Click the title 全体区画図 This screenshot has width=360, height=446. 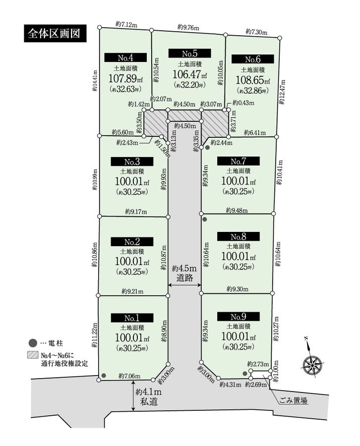point(55,33)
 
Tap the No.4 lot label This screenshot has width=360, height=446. point(125,57)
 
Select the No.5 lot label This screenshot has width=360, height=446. point(189,53)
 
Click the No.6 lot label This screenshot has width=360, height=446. point(253,59)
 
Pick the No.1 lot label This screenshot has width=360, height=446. point(132,318)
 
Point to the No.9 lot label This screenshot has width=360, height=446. point(238,317)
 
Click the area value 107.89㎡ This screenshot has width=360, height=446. point(126,78)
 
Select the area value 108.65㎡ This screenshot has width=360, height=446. point(253,80)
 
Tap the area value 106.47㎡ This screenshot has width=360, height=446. point(189,74)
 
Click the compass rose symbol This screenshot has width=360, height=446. point(312,364)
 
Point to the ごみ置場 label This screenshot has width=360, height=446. point(293,400)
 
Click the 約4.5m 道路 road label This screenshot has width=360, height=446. point(184,273)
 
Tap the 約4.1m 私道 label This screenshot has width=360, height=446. point(148,396)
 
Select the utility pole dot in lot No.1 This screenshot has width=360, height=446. point(104,376)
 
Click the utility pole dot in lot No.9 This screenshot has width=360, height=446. point(244,374)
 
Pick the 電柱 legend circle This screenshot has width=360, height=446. point(33,343)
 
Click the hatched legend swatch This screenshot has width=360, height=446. point(33,355)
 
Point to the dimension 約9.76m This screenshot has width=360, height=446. point(188,27)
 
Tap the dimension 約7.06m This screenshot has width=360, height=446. point(129,376)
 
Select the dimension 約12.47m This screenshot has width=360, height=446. point(282,92)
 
